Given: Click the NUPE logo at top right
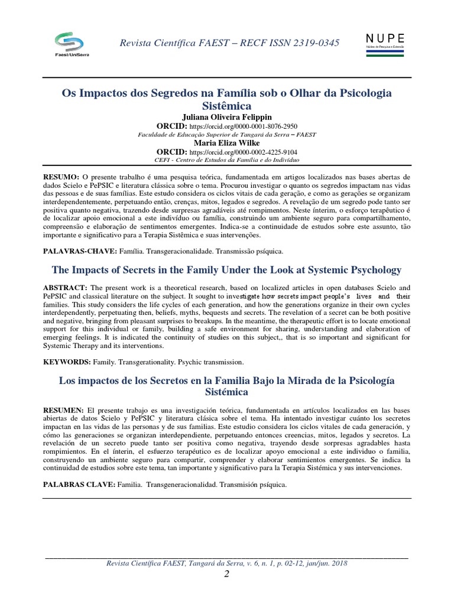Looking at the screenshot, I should coord(385,45).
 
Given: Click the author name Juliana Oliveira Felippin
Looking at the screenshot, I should coord(227,117).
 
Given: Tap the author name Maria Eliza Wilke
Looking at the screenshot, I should coord(227,142).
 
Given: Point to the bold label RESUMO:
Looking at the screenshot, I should coord(61,177).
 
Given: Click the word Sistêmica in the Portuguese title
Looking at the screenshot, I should coord(227,106).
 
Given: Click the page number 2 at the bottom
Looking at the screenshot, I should coord(226,575).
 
